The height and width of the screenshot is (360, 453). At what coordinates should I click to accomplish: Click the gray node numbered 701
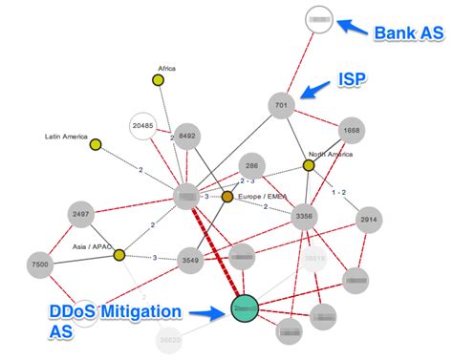click(x=281, y=104)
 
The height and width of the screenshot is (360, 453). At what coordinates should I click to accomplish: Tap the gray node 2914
click(x=369, y=221)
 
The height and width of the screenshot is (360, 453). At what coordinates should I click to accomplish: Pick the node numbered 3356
click(x=304, y=216)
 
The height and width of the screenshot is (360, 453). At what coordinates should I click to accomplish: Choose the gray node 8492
click(x=187, y=137)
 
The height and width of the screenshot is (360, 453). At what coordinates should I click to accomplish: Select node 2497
click(x=81, y=215)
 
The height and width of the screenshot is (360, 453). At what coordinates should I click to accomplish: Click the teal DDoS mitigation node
click(x=245, y=308)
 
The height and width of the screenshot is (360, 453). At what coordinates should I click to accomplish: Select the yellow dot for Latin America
click(x=96, y=144)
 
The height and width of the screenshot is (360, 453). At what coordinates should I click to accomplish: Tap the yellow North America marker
click(x=309, y=165)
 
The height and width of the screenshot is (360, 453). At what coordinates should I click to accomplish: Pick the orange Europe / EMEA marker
click(x=227, y=197)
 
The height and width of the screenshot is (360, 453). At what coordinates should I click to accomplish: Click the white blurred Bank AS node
click(x=319, y=19)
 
